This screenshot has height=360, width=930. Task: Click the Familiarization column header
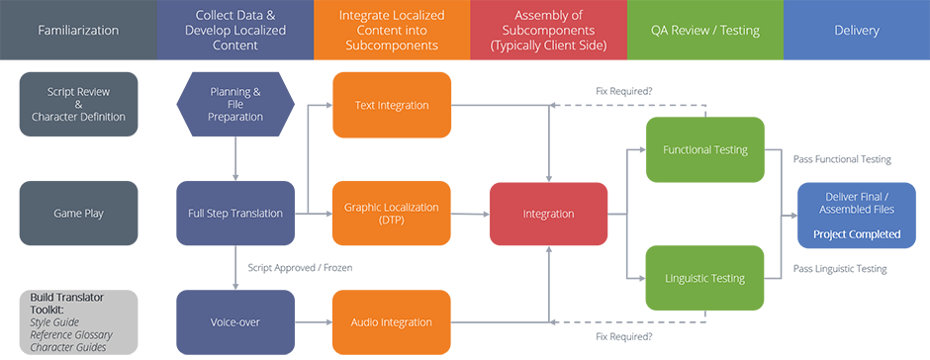pyautogui.click(x=78, y=31)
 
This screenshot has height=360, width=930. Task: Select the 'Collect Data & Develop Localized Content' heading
pyautogui.click(x=235, y=31)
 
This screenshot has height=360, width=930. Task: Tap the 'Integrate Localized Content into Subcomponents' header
pyautogui.click(x=391, y=31)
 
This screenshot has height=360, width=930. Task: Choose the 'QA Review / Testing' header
pyautogui.click(x=704, y=31)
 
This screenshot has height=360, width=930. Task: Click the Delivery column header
pyautogui.click(x=856, y=31)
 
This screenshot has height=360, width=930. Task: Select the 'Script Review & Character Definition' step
pyautogui.click(x=78, y=104)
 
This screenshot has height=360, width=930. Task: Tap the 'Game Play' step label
pyautogui.click(x=78, y=214)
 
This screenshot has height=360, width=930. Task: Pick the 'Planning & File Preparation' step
pyautogui.click(x=235, y=104)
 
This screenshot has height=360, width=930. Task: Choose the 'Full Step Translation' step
pyautogui.click(x=235, y=214)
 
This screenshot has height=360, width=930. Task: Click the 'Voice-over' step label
pyautogui.click(x=235, y=321)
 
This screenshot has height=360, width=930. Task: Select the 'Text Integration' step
pyautogui.click(x=391, y=105)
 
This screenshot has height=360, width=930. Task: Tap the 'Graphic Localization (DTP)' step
pyautogui.click(x=391, y=214)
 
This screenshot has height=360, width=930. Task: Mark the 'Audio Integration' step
pyautogui.click(x=391, y=321)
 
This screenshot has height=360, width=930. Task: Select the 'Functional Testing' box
pyautogui.click(x=704, y=150)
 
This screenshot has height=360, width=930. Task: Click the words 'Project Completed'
pyautogui.click(x=856, y=234)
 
